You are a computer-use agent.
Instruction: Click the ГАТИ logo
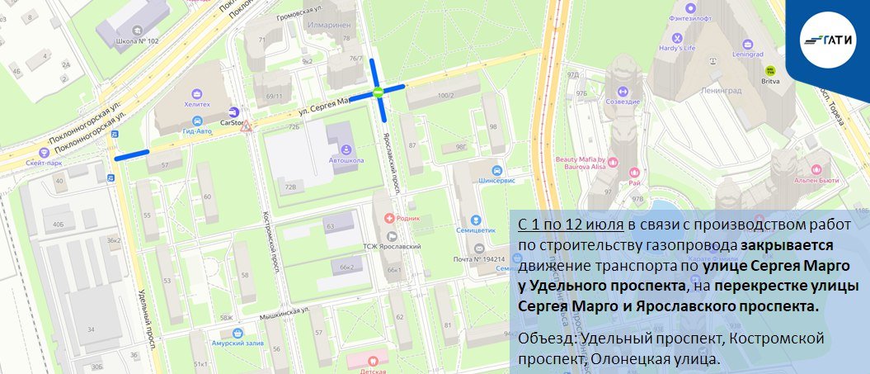point(829,38)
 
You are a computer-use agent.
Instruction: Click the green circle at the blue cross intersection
point(378,92)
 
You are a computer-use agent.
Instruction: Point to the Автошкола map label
point(346,159)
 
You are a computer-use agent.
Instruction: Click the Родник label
point(408,218)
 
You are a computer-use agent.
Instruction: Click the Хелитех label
point(197,104)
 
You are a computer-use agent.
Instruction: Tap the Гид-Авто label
point(197,131)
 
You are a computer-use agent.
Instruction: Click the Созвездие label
point(623,102)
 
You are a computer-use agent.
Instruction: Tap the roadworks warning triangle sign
point(246,127)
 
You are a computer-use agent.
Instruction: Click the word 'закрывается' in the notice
point(787,246)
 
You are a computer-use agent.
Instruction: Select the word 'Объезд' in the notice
point(547,340)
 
